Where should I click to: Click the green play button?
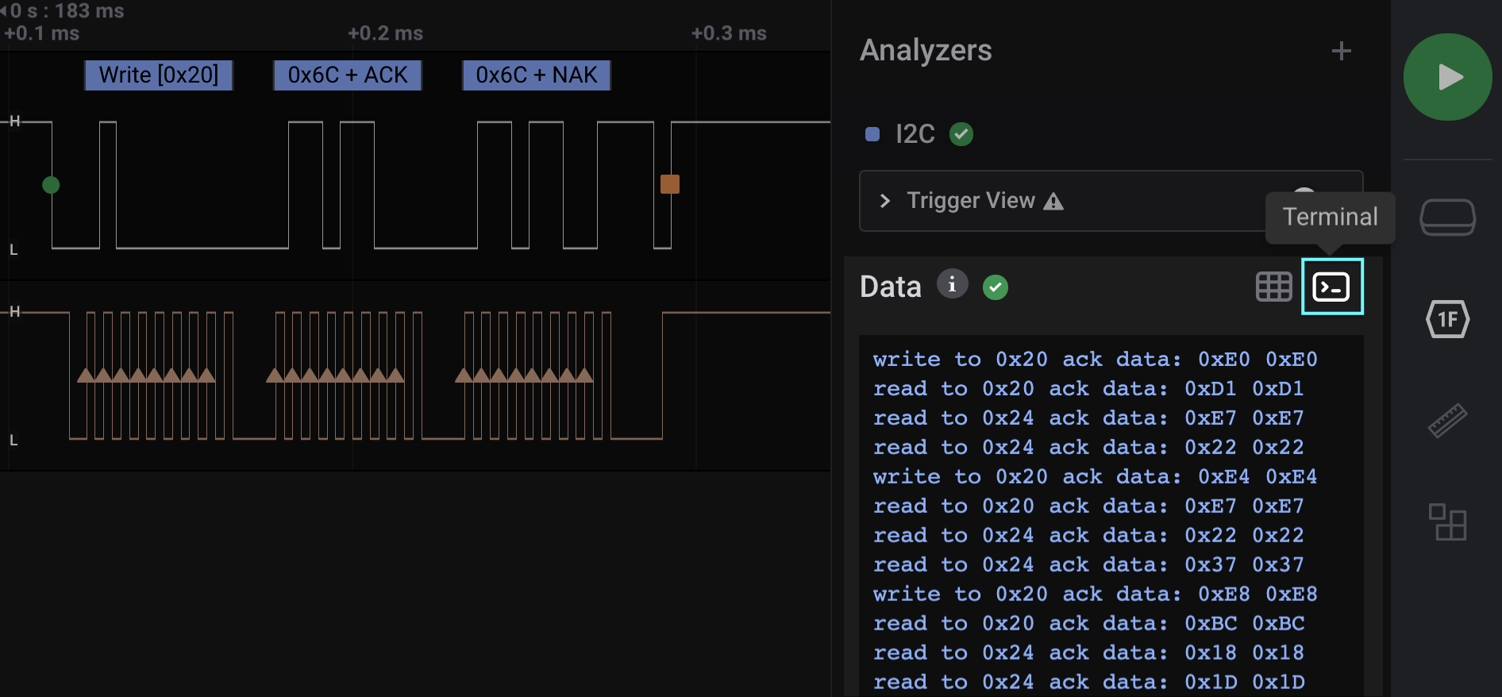[1447, 77]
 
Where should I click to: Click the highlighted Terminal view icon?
[1331, 287]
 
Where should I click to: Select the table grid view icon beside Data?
[1273, 287]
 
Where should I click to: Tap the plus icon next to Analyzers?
[1341, 52]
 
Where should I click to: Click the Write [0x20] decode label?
[158, 75]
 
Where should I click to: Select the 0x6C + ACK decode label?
[347, 75]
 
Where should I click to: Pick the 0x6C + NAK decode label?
[536, 75]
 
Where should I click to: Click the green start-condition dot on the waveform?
[51, 185]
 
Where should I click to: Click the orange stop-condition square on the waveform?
[670, 184]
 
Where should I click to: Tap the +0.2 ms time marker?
[385, 33]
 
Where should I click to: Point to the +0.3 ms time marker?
[729, 33]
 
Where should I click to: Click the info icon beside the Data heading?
[952, 283]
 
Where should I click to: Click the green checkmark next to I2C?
[961, 134]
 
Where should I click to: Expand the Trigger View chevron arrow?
[885, 201]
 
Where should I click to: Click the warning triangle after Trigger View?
[1053, 202]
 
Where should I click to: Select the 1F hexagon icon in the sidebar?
[1447, 319]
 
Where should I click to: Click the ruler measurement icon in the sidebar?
[1447, 421]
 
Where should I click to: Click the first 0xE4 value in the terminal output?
[1223, 477]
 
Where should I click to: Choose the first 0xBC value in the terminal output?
[1211, 624]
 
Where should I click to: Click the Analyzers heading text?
[926, 51]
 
